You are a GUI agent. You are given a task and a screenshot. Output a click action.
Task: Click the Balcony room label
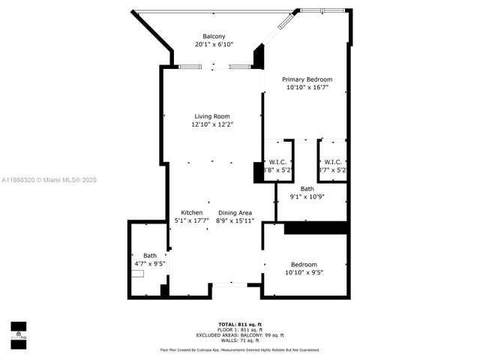pyautogui.click(x=213, y=37)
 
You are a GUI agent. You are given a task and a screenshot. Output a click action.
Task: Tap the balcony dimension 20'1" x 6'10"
pyautogui.click(x=213, y=45)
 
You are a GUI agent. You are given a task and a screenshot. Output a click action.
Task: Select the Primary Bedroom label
pyautogui.click(x=307, y=79)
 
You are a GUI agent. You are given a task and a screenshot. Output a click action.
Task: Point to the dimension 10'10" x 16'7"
pyautogui.click(x=307, y=88)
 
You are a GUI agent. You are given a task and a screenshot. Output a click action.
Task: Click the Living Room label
pyautogui.click(x=211, y=116)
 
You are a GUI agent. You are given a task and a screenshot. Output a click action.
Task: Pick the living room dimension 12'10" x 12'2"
pyautogui.click(x=211, y=124)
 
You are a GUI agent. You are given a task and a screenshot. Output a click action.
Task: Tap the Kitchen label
pyautogui.click(x=191, y=213)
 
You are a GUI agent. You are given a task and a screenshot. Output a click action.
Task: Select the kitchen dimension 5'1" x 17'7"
pyautogui.click(x=191, y=221)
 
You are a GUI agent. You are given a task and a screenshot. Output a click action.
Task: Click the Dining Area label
pyautogui.click(x=235, y=213)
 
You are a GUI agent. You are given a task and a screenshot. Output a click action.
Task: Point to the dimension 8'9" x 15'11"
pyautogui.click(x=235, y=221)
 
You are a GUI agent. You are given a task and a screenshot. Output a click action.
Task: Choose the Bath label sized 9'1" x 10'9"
pyautogui.click(x=307, y=189)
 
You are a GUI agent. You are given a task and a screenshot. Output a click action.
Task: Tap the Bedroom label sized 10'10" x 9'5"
pyautogui.click(x=304, y=265)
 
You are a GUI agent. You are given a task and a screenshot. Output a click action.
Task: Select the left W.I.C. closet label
pyautogui.click(x=277, y=162)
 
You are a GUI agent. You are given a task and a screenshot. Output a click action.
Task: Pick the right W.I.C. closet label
pyautogui.click(x=332, y=162)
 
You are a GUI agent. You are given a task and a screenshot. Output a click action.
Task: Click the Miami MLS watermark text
pyautogui.click(x=49, y=180)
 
